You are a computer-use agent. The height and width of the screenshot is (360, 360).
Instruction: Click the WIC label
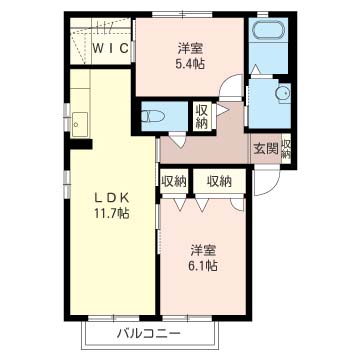click(111, 47)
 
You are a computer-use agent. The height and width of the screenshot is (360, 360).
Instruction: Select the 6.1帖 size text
click(203, 266)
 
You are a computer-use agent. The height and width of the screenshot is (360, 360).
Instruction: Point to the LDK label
click(112, 196)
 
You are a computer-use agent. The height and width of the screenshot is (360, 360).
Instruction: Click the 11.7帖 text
click(112, 213)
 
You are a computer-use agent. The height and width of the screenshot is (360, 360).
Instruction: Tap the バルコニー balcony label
click(147, 333)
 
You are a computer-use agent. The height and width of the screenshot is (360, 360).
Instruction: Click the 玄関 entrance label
click(265, 148)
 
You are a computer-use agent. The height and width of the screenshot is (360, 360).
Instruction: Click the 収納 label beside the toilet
click(201, 116)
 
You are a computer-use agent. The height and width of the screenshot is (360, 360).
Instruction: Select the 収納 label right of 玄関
click(287, 148)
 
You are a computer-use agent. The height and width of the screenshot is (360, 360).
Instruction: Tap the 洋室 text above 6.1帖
click(203, 249)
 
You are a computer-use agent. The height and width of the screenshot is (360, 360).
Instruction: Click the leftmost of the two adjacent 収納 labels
click(173, 181)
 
